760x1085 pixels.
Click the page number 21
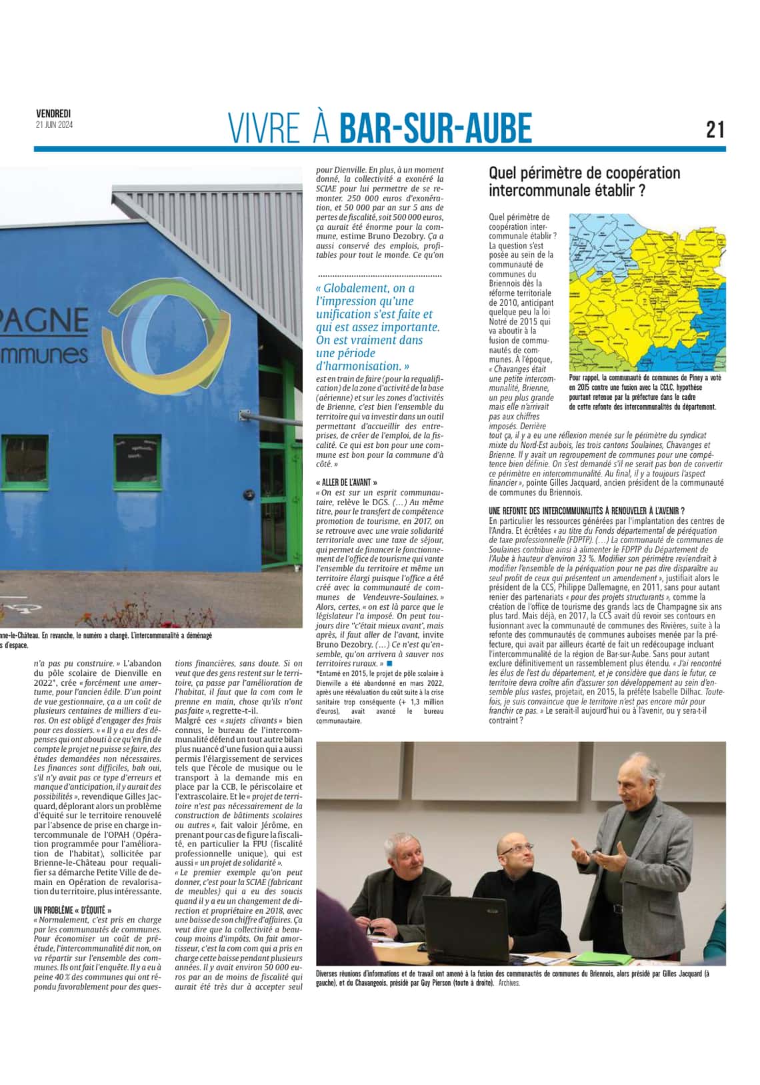pyautogui.click(x=715, y=129)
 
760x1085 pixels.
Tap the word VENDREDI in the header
pyautogui.click(x=53, y=115)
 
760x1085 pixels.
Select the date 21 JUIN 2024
pyautogui.click(x=55, y=125)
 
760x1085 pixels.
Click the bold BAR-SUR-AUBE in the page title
pyautogui.click(x=436, y=128)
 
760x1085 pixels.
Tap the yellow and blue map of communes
pyautogui.click(x=647, y=292)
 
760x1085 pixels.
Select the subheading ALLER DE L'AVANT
pyautogui.click(x=347, y=482)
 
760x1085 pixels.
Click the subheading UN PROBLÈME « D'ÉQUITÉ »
pyautogui.click(x=73, y=910)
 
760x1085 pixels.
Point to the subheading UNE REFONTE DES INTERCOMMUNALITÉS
pyautogui.click(x=587, y=511)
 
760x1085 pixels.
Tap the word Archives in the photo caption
pyautogui.click(x=509, y=983)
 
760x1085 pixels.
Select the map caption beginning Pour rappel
pyautogui.click(x=643, y=392)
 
